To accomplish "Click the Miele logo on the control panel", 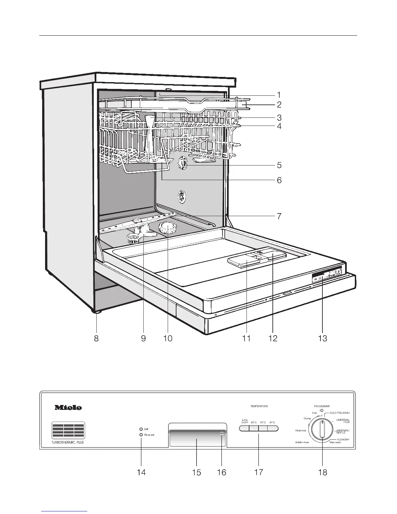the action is (68, 407).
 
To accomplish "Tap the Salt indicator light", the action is (141, 429).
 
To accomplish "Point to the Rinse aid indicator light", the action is (141, 435).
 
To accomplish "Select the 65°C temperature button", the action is (254, 428).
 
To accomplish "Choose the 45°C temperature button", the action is (272, 428).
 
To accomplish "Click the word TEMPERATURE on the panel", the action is (259, 406).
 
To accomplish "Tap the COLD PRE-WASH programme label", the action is (340, 413).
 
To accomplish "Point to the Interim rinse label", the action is (302, 442).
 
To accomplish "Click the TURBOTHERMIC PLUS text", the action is (67, 443).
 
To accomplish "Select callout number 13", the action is (322, 338).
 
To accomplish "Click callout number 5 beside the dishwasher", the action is (279, 165).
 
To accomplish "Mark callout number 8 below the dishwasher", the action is (96, 338).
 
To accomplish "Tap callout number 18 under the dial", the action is (323, 472).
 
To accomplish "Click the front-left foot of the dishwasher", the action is (97, 312).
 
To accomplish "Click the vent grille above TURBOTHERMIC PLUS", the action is (68, 431).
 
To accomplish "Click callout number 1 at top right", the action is (279, 95).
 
